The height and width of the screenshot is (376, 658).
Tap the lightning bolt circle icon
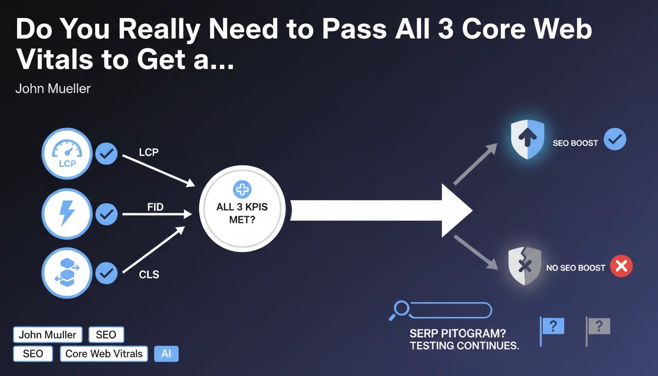pyautogui.click(x=67, y=214)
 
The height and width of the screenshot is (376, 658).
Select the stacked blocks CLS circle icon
pyautogui.click(x=67, y=274)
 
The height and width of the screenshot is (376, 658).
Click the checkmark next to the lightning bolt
pyautogui.click(x=106, y=214)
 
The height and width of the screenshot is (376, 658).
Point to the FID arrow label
pyautogui.click(x=155, y=207)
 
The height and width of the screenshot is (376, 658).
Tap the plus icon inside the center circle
pyautogui.click(x=242, y=189)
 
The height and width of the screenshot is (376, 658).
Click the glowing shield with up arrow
pyautogui.click(x=527, y=140)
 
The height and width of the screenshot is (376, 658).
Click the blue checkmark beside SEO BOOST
pyautogui.click(x=614, y=140)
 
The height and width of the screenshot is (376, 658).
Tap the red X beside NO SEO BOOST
pyautogui.click(x=621, y=267)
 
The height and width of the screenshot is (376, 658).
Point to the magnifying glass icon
pyautogui.click(x=400, y=309)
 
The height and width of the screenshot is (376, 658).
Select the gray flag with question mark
pyautogui.click(x=598, y=327)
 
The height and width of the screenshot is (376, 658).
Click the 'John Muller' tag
pyautogui.click(x=47, y=335)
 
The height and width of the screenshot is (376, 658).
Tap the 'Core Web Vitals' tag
pyautogui.click(x=104, y=353)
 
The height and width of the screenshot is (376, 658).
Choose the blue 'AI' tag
pyautogui.click(x=166, y=353)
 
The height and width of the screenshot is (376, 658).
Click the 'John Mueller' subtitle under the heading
pyautogui.click(x=53, y=89)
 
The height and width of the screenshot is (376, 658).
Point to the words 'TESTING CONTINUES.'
pyautogui.click(x=464, y=346)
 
